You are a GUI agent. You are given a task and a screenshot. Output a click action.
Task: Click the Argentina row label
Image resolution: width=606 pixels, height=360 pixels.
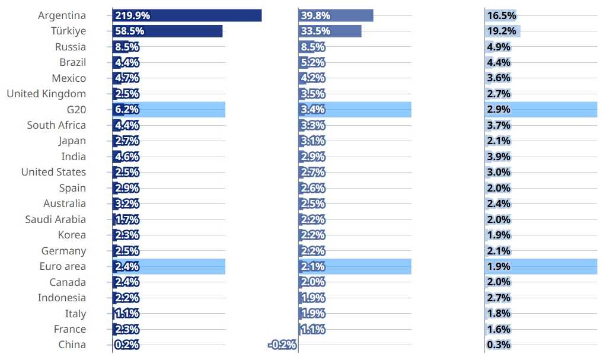tap(62, 15)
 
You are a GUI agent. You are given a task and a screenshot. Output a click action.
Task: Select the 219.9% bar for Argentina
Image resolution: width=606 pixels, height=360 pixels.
tap(187, 15)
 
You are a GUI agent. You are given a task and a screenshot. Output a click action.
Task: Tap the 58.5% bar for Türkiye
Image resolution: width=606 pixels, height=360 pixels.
tap(167, 31)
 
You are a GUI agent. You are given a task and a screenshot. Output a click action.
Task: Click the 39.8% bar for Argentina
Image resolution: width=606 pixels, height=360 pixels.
tap(336, 15)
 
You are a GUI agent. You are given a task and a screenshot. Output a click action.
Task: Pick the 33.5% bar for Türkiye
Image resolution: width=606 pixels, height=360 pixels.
tap(330, 31)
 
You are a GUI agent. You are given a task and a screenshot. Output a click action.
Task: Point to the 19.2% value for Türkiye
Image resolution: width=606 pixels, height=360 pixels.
tap(502, 31)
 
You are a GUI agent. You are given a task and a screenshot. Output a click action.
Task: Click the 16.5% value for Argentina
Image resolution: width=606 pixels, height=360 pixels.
tap(502, 15)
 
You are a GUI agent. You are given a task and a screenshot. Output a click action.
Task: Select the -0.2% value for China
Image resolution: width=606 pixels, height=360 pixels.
tap(282, 345)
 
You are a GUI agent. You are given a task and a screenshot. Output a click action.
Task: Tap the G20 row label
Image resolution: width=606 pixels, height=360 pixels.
tap(76, 110)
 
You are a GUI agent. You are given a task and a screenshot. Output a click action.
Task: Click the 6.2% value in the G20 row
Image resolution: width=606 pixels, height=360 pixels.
tap(126, 110)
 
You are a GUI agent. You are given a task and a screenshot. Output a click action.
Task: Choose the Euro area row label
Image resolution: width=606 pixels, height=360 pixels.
tap(63, 266)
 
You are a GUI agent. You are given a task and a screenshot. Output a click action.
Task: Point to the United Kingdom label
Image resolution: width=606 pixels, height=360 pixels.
tap(46, 94)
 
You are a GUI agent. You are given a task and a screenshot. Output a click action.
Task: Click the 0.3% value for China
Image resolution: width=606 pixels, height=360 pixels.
tap(499, 345)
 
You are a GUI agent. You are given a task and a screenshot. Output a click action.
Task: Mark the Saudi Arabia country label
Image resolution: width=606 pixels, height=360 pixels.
tap(55, 219)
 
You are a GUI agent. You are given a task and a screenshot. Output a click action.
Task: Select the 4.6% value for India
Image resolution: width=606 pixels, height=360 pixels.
tap(126, 157)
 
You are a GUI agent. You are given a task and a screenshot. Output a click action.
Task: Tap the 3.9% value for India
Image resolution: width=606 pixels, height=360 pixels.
tap(499, 157)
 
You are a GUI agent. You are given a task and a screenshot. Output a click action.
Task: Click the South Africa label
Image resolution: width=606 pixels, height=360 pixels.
tap(56, 125)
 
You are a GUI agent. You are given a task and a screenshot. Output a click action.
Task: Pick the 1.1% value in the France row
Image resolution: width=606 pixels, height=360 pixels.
tap(313, 329)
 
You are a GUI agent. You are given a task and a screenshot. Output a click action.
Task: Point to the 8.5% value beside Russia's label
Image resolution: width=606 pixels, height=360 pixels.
tap(126, 47)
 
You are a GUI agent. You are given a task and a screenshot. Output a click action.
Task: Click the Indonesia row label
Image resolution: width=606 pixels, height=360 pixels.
tap(62, 298)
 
